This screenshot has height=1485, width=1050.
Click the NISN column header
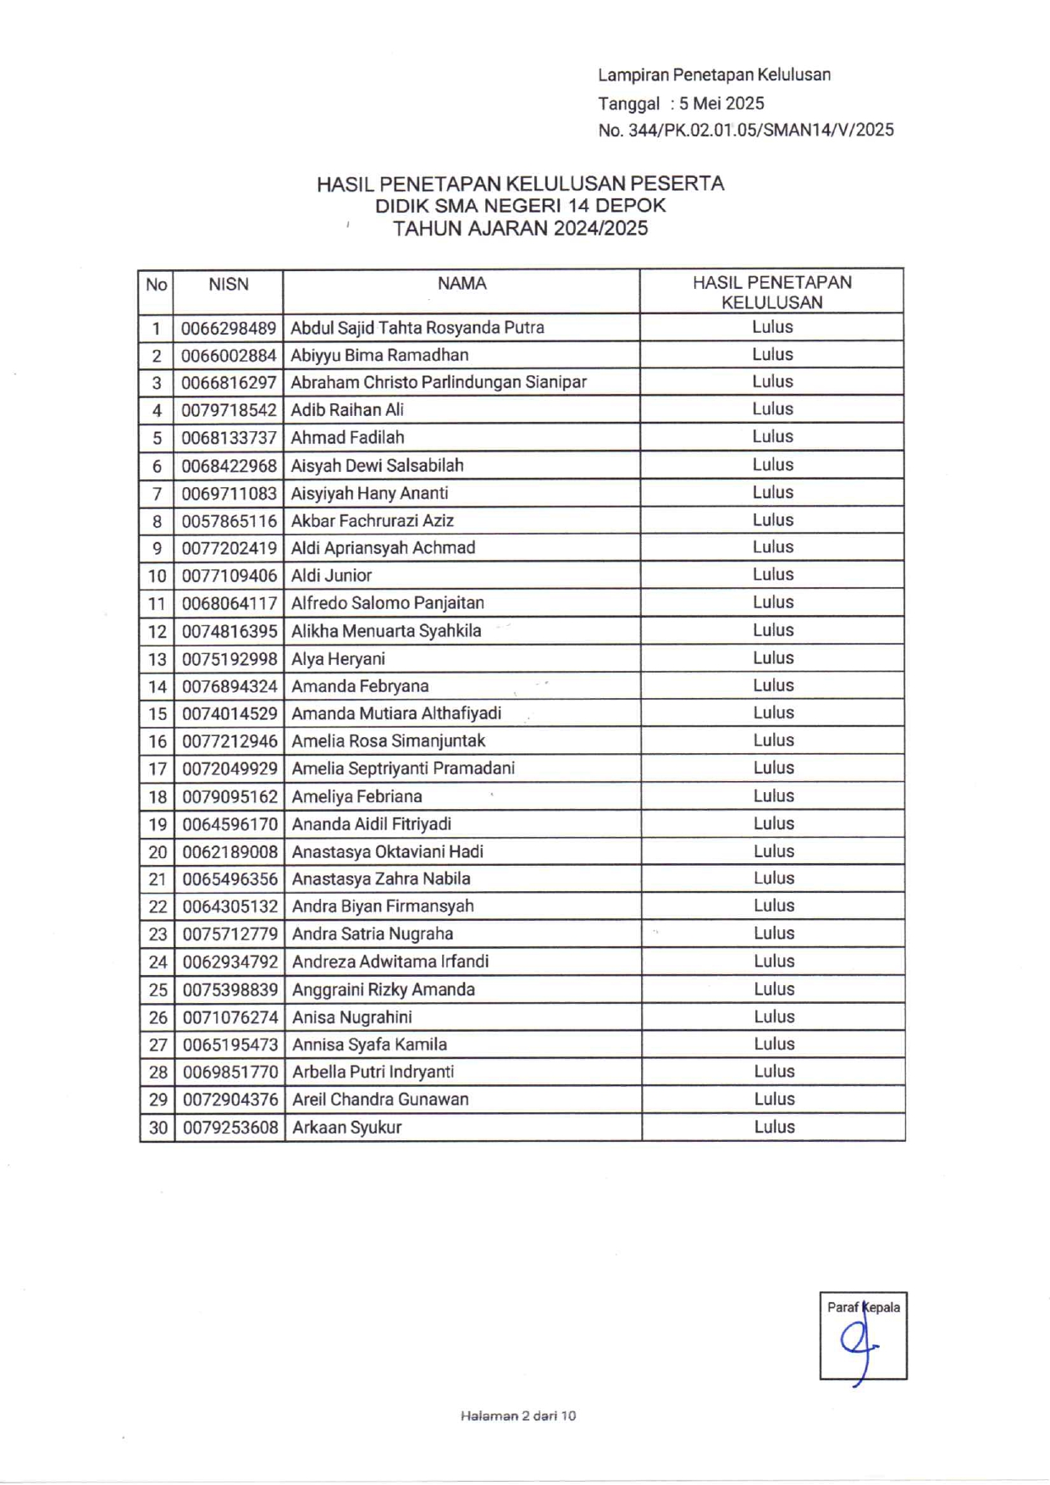229,285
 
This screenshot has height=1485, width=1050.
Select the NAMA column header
461,284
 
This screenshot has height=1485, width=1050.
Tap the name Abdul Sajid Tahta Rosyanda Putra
417,328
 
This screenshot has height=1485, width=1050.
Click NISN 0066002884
229,356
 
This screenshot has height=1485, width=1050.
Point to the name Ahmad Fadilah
347,438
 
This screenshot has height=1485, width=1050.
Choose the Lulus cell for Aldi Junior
773,574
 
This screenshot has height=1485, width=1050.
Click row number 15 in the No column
157,714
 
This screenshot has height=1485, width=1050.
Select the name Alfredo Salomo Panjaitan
388,603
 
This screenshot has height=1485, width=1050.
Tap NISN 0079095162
229,797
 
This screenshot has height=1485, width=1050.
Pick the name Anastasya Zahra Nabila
381,879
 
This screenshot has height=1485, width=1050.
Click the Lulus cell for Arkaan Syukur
774,1128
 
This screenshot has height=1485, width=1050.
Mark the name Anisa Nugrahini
352,1017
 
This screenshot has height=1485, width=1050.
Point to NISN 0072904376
230,1100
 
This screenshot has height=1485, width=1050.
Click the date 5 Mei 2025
721,103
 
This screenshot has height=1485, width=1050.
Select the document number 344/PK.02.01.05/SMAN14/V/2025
761,130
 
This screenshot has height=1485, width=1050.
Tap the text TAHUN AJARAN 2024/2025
520,229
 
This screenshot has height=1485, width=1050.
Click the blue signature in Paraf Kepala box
858,1344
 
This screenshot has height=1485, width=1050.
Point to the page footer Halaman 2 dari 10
518,1416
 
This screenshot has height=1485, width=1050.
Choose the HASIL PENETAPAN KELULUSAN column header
771,292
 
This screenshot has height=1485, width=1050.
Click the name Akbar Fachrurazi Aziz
373,521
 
